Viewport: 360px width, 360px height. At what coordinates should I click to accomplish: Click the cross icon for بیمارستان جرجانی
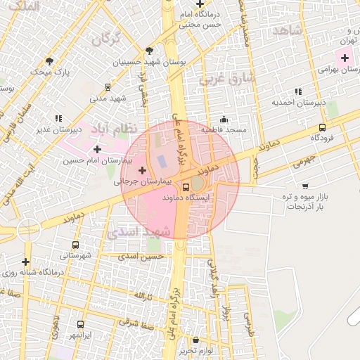(143, 169)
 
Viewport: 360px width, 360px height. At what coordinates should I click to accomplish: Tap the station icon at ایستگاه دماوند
(186, 187)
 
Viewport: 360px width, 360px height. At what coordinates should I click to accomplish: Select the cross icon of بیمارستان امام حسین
(96, 149)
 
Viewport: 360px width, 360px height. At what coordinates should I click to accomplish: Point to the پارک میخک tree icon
(49, 61)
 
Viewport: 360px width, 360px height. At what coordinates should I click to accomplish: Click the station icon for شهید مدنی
(108, 87)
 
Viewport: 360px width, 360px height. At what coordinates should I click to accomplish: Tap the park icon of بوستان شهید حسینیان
(149, 50)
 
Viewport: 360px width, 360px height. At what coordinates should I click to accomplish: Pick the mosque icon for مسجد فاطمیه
(224, 119)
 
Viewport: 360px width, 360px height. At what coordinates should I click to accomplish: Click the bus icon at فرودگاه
(322, 127)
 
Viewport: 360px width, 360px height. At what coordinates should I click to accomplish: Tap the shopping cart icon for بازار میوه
(304, 186)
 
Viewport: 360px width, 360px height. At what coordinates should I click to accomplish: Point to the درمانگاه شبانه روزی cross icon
(26, 261)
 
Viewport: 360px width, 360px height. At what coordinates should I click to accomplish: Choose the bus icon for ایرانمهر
(80, 325)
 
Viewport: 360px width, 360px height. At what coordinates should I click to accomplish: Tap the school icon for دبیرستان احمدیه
(299, 91)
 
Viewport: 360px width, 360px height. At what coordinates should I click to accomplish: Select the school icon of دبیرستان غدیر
(58, 118)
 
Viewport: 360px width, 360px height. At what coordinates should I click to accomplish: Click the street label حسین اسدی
(141, 257)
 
